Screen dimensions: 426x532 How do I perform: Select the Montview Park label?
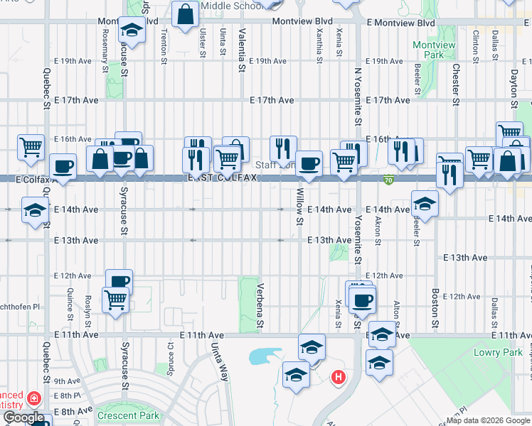point(434,50)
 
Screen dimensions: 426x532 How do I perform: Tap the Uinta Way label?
point(219,362)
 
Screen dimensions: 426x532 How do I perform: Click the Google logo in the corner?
point(23,417)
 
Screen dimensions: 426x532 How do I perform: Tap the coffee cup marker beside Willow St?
point(309,164)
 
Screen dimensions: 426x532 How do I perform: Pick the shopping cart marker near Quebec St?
point(31,148)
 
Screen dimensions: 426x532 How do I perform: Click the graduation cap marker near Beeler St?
point(425,204)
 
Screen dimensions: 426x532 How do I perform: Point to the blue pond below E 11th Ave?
point(264,355)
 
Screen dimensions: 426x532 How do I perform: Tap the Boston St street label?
point(435,307)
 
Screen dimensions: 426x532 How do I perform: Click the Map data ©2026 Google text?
point(488,420)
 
